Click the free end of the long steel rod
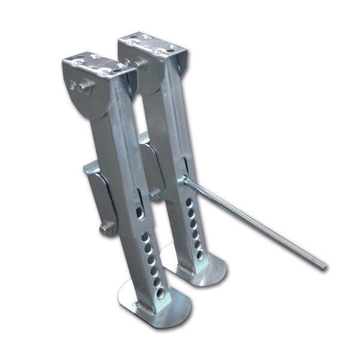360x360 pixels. (x=323, y=265)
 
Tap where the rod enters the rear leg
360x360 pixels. (x=186, y=182)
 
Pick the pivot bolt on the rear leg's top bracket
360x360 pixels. (x=140, y=62)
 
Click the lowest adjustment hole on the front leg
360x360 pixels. (x=160, y=292)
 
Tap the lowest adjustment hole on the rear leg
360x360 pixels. (x=200, y=255)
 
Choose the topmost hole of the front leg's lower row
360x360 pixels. (x=145, y=238)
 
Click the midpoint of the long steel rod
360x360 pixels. (x=255, y=224)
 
